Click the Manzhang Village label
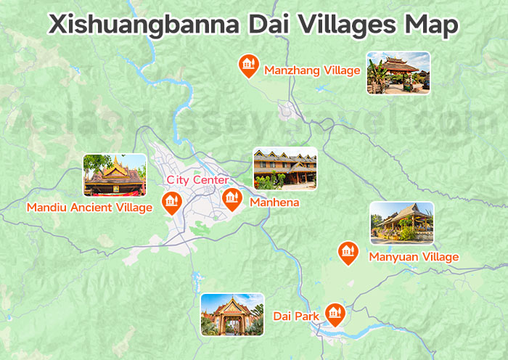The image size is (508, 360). [312, 70]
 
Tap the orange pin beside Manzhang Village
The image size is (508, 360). [248, 65]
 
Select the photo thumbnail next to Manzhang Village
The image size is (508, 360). [398, 73]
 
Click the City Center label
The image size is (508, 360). [197, 180]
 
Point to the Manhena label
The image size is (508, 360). [274, 202]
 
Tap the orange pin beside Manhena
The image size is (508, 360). [232, 198]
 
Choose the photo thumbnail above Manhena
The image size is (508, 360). [284, 169]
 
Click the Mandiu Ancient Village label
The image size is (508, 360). [89, 208]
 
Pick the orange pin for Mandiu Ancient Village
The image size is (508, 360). [171, 203]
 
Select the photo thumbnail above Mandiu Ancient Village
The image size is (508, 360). [114, 175]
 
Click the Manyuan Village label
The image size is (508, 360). [414, 257]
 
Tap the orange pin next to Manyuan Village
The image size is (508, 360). [349, 253]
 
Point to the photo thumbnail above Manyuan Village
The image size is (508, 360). [401, 223]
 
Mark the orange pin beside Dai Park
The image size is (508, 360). [334, 314]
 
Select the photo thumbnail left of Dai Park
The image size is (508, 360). [232, 314]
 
